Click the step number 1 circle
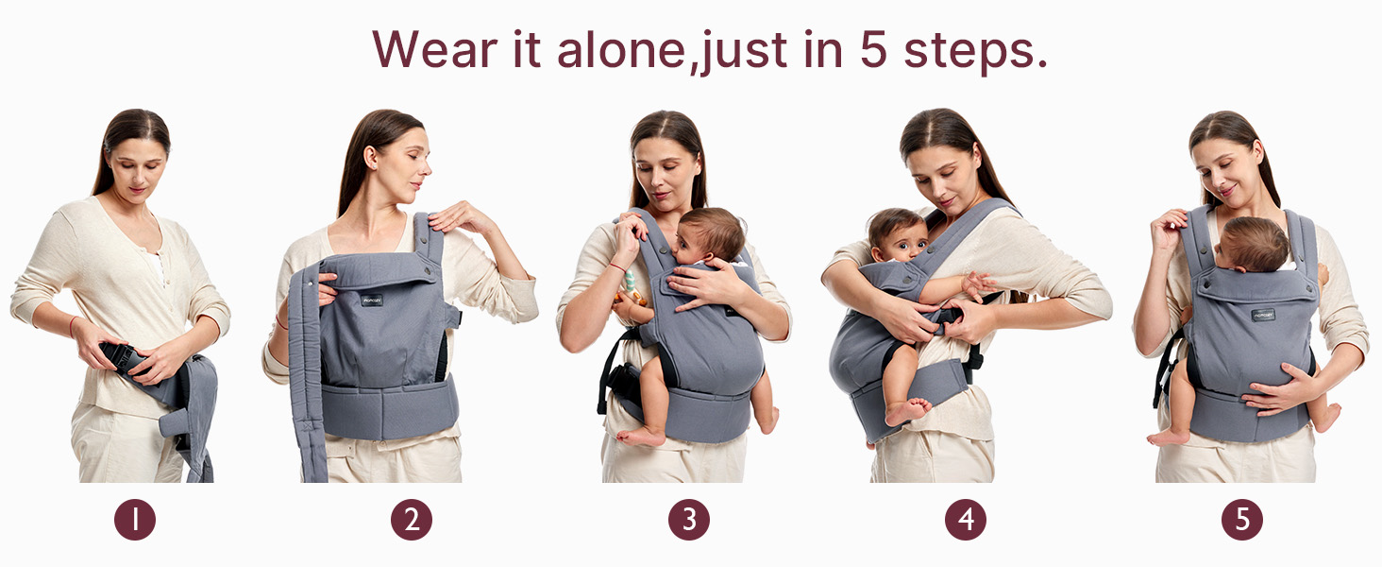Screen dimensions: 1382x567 click(134, 520)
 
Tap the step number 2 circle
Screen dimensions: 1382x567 click(412, 520)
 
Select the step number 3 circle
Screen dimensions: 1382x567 click(688, 520)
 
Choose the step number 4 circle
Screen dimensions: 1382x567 click(966, 520)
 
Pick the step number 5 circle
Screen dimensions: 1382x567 click(1242, 520)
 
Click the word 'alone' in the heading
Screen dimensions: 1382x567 click(620, 49)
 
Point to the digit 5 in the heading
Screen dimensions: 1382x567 click(873, 49)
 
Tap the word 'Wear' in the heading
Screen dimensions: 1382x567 click(435, 49)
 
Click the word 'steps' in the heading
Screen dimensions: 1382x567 click(968, 53)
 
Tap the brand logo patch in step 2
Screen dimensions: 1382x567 click(372, 301)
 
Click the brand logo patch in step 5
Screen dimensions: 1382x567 click(1263, 315)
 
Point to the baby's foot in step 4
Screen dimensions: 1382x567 click(907, 411)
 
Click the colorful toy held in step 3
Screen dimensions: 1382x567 click(631, 287)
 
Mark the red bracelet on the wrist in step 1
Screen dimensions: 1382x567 click(72, 326)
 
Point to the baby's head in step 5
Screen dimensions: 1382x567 click(1253, 244)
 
